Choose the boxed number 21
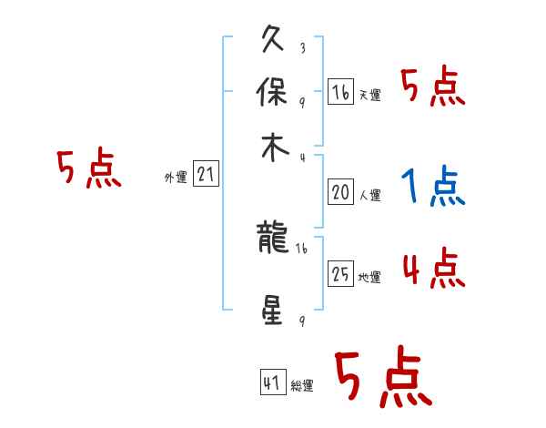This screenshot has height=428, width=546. (x=206, y=175)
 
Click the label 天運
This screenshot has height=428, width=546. (x=369, y=95)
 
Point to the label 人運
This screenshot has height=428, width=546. (x=369, y=195)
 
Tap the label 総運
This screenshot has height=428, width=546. (x=302, y=386)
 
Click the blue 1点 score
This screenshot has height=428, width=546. (x=433, y=187)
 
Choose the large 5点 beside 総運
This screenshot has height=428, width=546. (x=382, y=378)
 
